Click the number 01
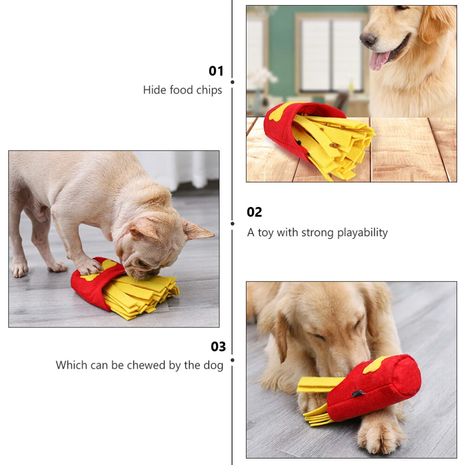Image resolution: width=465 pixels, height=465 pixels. point(216,71)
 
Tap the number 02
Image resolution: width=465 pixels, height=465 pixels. point(254,212)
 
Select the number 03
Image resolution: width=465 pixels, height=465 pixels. point(218,346)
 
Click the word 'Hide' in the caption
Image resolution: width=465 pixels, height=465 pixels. point(154,90)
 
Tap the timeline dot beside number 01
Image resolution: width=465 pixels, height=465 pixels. point(232,82)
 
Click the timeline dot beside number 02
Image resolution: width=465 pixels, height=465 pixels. point(232,224)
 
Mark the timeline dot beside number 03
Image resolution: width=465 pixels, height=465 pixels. point(232,360)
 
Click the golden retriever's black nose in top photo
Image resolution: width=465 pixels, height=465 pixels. point(368,39)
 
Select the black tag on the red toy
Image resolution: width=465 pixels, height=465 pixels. point(359,394)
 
